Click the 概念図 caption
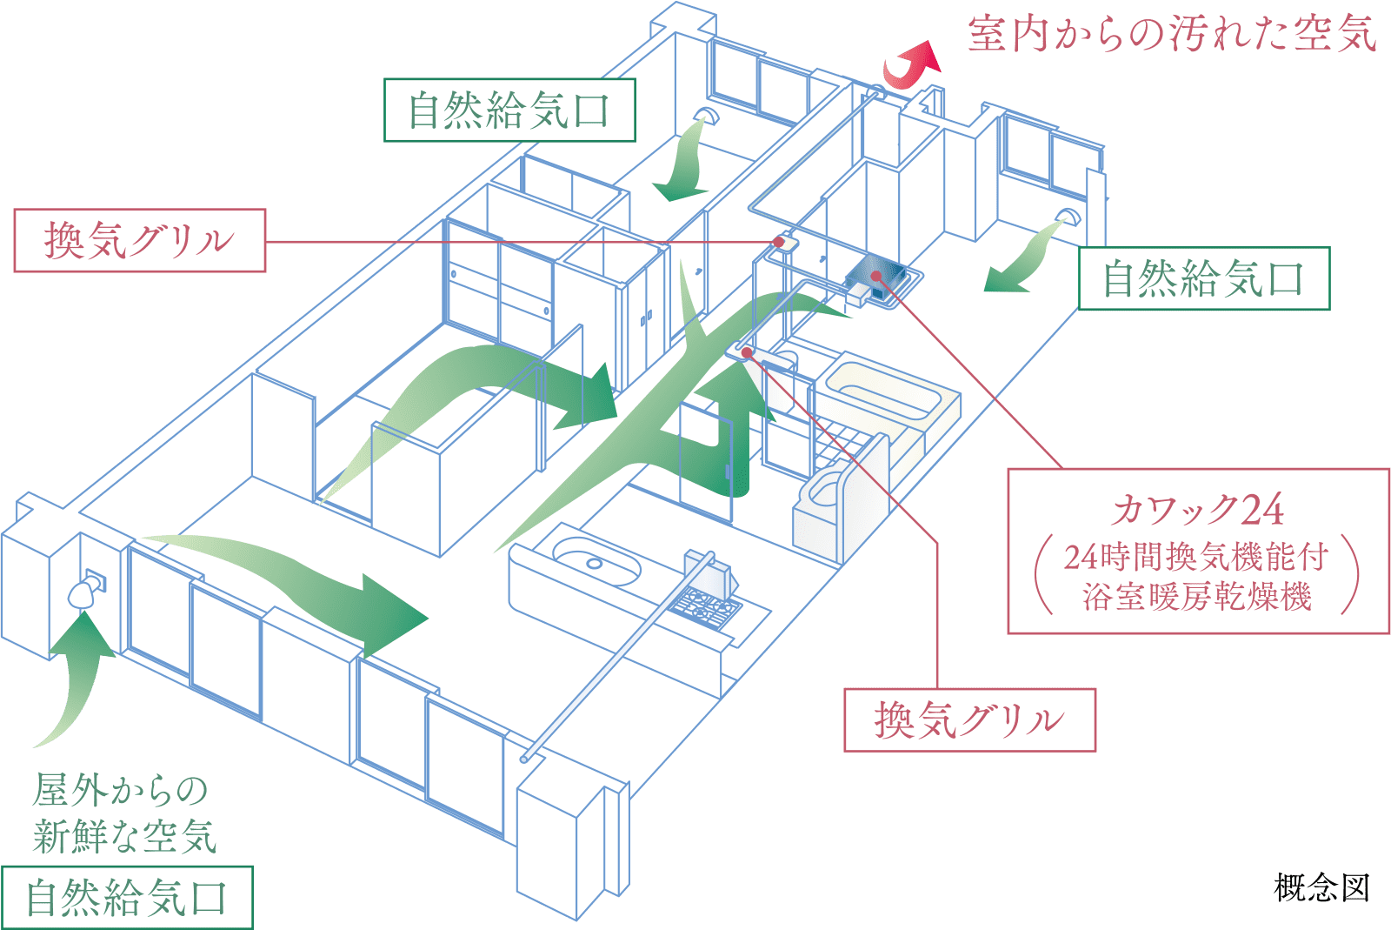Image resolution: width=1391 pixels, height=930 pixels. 1321,887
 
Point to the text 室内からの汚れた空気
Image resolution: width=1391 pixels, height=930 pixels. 1172,35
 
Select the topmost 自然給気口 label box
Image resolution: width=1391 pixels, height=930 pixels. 510,110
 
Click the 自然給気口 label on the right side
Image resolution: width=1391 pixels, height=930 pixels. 1204,278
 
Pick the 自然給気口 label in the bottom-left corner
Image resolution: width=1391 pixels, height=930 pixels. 126,898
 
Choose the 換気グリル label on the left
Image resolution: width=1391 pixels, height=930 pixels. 139,240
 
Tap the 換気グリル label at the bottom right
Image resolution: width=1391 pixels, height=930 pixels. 969,719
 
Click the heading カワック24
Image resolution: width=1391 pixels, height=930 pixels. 1198,510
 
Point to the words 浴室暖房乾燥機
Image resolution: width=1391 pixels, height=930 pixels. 1198,597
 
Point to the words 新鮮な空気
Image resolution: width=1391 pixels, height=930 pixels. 124,836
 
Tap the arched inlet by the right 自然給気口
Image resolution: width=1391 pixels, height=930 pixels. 1067,215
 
